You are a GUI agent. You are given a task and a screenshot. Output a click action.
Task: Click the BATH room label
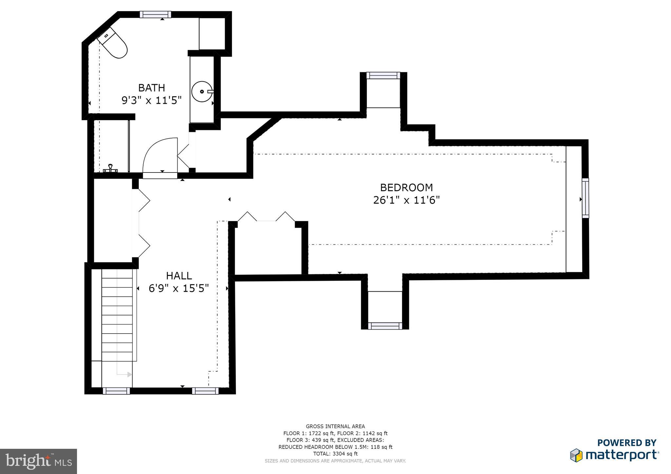(x=151, y=88)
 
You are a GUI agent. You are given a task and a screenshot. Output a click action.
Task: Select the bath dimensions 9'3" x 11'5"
(x=151, y=100)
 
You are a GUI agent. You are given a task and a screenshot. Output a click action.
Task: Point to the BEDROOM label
(x=406, y=188)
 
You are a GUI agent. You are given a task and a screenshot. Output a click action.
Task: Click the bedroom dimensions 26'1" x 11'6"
(x=406, y=200)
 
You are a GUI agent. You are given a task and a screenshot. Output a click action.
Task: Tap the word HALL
(x=179, y=276)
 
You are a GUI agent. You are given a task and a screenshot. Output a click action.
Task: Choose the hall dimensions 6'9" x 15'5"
(x=179, y=288)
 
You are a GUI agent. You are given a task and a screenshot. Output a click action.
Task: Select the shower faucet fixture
(x=111, y=168)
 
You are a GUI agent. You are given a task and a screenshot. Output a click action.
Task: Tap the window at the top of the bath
(x=156, y=14)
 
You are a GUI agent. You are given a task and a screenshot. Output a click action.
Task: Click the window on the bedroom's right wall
(x=585, y=198)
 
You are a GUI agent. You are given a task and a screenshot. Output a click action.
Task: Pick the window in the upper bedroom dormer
(x=383, y=76)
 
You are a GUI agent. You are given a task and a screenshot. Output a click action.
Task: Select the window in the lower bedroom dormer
(x=385, y=326)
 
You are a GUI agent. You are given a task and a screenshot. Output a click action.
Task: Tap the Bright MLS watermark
(x=39, y=461)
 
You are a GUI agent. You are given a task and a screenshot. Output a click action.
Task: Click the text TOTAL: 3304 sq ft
(x=335, y=454)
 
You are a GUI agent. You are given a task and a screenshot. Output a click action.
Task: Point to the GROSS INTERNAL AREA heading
(x=335, y=426)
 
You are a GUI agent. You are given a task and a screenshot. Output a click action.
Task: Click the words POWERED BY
(x=627, y=443)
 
